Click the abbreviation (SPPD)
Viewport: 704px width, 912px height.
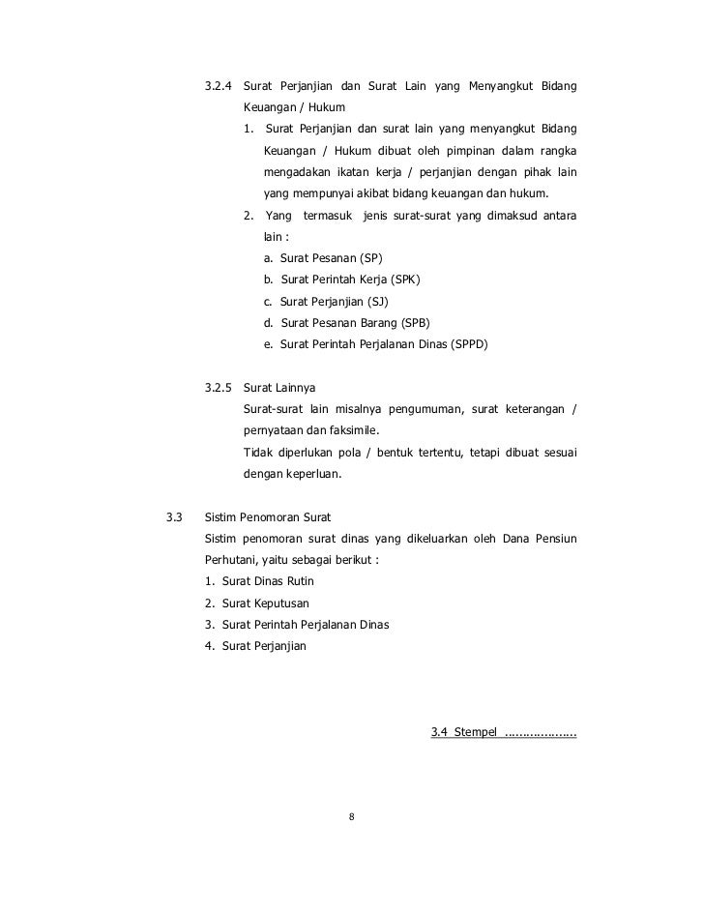tap(469, 343)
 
